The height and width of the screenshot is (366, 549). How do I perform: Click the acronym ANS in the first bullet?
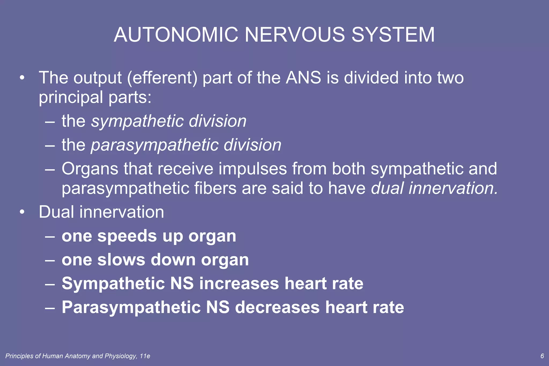[303, 78]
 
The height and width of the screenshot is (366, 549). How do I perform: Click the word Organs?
[90, 169]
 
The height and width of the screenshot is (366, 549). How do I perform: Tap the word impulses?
[253, 169]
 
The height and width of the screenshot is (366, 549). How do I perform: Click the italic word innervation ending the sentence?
[453, 188]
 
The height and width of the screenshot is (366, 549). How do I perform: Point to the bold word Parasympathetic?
[131, 308]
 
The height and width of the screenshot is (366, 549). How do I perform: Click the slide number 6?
[542, 356]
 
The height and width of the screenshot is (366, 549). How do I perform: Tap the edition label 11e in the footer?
[145, 356]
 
